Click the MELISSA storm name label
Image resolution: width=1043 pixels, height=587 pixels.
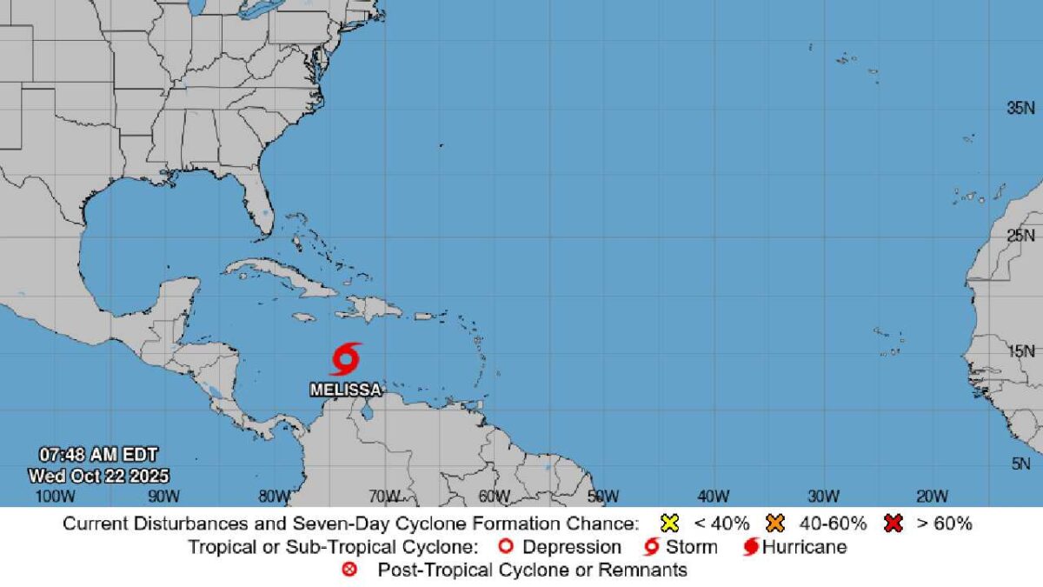click(x=346, y=390)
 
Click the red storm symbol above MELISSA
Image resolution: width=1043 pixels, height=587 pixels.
click(x=346, y=358)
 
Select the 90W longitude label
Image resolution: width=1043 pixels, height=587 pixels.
click(x=163, y=497)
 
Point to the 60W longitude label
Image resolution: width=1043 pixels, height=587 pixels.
click(x=493, y=497)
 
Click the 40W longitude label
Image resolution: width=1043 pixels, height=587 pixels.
click(x=712, y=497)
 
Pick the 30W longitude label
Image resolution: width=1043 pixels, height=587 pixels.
click(x=822, y=497)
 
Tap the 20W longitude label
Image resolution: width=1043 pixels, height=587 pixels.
click(x=931, y=497)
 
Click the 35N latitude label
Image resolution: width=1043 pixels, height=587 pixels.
click(x=1020, y=109)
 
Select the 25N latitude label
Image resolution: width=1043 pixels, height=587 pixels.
click(x=1020, y=236)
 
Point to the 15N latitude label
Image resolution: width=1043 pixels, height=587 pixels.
click(x=1020, y=351)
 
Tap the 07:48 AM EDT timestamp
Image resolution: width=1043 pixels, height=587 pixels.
click(x=98, y=454)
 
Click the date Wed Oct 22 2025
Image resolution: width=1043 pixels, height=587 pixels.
click(x=98, y=476)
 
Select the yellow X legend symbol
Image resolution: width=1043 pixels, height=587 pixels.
click(x=669, y=524)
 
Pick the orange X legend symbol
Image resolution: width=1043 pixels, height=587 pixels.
click(x=775, y=524)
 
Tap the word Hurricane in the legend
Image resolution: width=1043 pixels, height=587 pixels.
click(x=804, y=547)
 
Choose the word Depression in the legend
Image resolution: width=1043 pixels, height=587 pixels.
click(x=572, y=547)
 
